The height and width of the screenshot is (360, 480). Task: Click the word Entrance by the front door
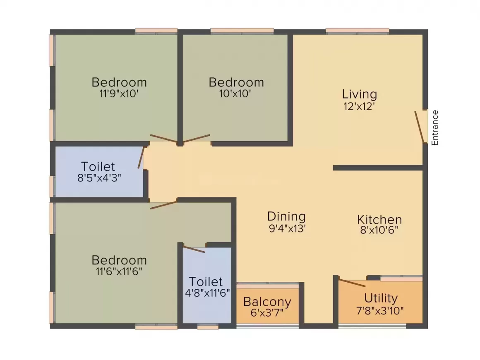click(x=434, y=127)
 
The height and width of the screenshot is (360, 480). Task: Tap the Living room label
click(x=359, y=94)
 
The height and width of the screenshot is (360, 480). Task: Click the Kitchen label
click(x=379, y=219)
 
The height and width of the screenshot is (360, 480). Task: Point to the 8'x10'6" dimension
click(x=379, y=230)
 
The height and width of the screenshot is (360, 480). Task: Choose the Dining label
click(x=286, y=216)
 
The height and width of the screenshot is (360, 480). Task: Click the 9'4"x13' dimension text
click(x=286, y=228)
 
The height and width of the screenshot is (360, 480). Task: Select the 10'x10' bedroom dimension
click(x=235, y=94)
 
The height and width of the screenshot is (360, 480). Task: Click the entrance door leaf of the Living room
click(x=420, y=126)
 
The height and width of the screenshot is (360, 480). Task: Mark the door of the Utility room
click(x=352, y=283)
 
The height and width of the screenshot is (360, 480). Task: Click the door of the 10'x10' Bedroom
click(x=197, y=138)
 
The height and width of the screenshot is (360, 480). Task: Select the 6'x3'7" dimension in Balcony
click(x=267, y=313)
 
